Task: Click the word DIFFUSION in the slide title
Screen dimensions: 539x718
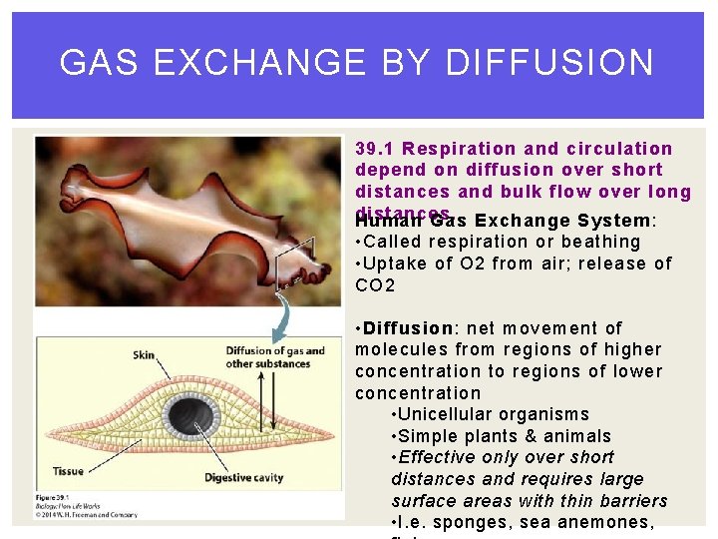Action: (x=549, y=63)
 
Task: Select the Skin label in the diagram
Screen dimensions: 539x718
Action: (x=145, y=354)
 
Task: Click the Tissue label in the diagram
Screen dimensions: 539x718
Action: (x=68, y=471)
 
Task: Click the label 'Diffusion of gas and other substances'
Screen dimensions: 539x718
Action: (x=275, y=356)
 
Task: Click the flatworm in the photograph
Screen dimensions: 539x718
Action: (x=170, y=210)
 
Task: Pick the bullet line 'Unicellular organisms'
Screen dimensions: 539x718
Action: (x=491, y=414)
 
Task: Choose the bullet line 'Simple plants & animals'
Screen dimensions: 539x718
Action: (x=502, y=436)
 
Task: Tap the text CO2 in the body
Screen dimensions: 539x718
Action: (x=375, y=285)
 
